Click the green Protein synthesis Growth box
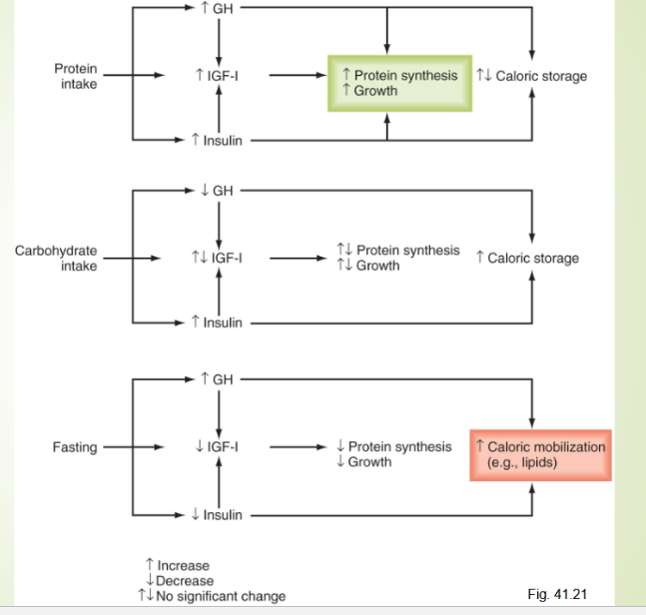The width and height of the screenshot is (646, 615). coord(398,83)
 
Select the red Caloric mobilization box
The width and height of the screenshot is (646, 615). coord(540,455)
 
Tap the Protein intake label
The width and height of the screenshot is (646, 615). coord(76,76)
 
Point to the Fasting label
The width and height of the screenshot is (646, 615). coord(75,447)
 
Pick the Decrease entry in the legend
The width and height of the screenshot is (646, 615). coord(179,581)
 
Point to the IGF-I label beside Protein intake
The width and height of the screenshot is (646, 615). coord(217,75)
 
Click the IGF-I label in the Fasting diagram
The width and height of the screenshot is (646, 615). coord(217,447)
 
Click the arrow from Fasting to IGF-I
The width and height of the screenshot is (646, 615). coord(130,447)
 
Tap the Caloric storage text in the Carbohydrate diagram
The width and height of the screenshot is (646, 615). coord(527,259)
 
